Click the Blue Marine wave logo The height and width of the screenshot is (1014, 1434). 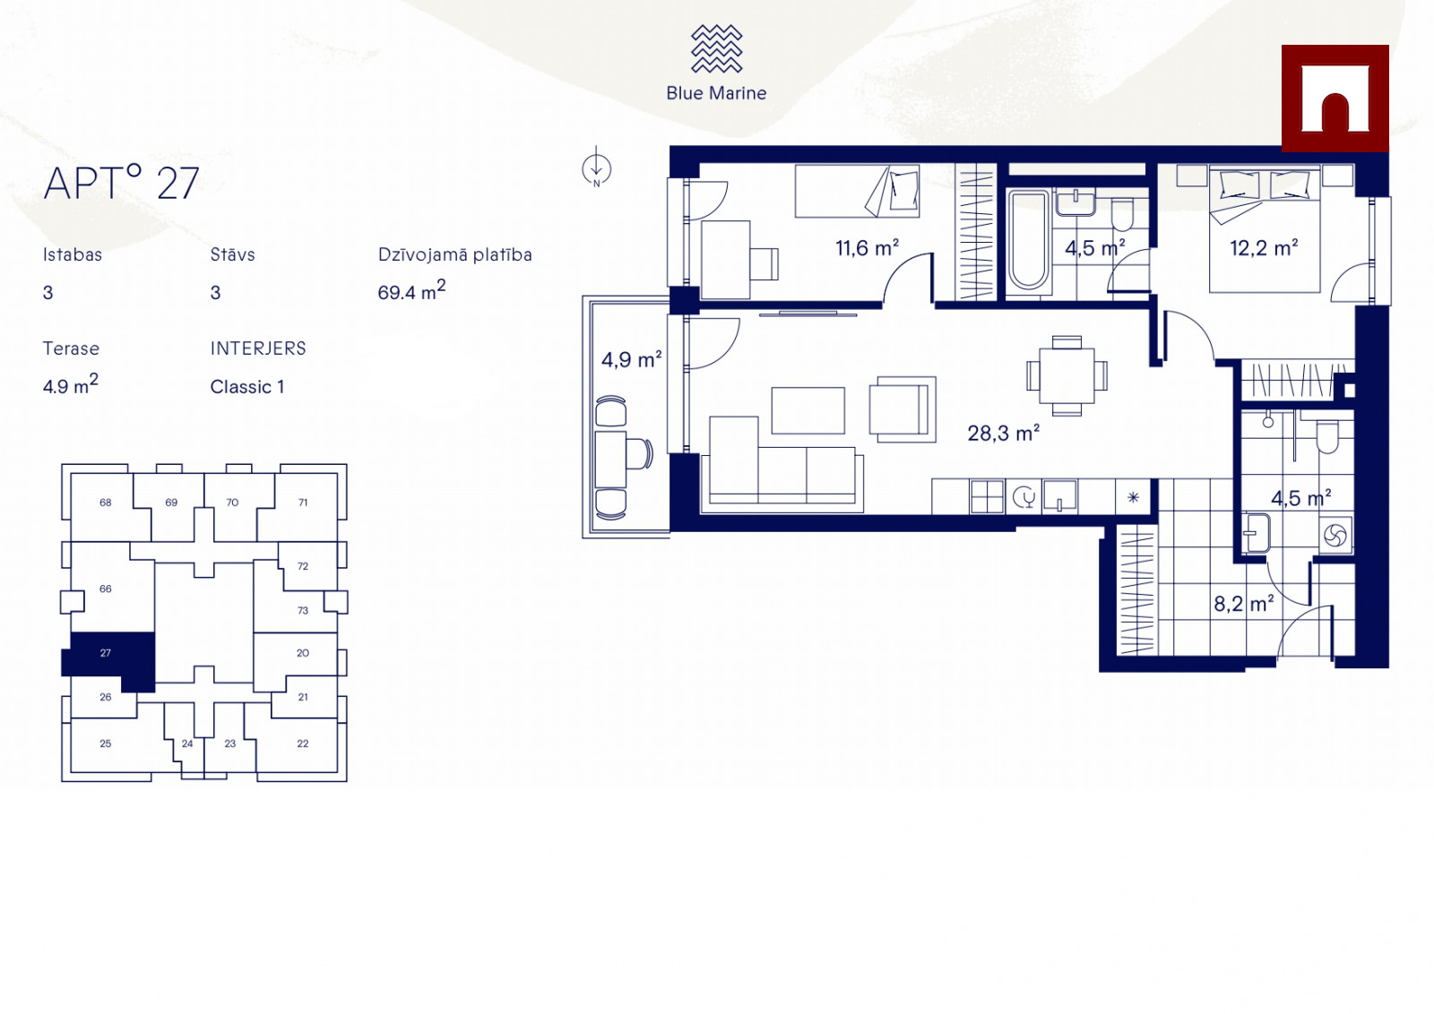716,48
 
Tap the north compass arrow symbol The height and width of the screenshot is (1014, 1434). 596,168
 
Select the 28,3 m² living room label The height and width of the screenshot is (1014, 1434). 1003,434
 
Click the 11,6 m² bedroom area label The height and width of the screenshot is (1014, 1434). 867,247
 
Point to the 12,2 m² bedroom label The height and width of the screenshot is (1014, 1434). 1264,247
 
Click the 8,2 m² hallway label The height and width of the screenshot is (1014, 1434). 1243,603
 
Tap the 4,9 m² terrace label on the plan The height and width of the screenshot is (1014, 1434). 631,359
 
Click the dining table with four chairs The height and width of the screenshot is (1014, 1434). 1067,375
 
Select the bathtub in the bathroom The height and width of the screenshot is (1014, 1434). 1028,241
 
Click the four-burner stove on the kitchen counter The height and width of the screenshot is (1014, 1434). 987,497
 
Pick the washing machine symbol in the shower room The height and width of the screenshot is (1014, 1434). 1335,535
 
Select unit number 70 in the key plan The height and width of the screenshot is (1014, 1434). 232,503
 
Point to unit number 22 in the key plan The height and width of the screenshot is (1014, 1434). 303,743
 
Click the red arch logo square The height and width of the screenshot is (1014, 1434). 1335,99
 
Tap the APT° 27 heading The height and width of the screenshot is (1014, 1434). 122,183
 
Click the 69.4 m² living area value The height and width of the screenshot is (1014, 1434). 411,290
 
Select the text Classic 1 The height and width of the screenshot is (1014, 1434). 247,387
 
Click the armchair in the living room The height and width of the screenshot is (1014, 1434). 903,409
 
